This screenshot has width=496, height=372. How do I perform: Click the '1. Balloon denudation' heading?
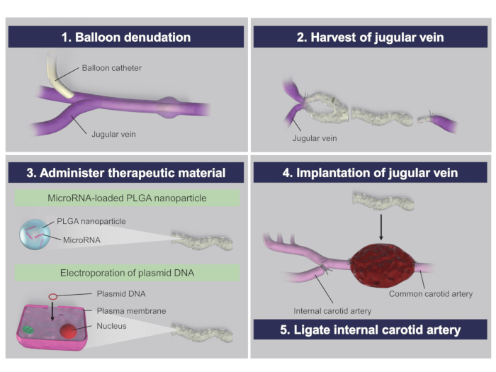126,38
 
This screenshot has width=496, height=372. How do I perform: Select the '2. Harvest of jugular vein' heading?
371,38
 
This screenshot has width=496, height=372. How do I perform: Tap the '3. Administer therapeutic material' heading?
126,173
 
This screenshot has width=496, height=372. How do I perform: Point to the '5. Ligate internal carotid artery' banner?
371,329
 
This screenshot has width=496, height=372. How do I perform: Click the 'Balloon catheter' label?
112,68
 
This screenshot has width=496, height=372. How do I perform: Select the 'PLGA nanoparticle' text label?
91,221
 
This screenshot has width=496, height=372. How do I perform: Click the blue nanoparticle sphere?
35,235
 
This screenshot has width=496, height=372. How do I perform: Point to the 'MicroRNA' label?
81,240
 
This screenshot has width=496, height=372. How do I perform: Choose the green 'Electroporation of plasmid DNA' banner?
127,273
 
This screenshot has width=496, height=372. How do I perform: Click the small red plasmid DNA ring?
53,296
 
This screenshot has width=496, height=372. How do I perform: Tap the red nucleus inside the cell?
69,331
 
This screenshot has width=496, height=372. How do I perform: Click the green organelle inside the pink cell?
28,330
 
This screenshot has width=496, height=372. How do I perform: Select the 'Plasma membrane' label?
131,311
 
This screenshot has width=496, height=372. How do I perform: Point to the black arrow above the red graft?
381,227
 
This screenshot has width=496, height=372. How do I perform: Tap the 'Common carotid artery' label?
431,294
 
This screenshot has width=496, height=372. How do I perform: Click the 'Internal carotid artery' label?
332,311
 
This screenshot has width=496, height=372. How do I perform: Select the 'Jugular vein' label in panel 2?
315,138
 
